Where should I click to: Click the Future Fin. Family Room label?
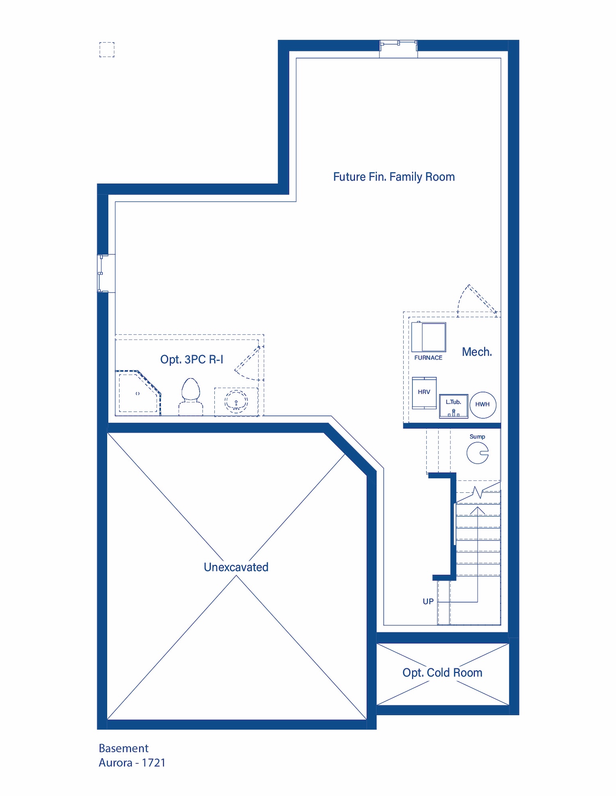pyautogui.click(x=394, y=177)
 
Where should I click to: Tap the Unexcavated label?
pyautogui.click(x=236, y=567)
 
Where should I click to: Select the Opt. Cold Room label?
pyautogui.click(x=442, y=673)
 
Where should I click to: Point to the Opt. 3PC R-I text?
pyautogui.click(x=192, y=359)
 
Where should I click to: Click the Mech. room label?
pyautogui.click(x=477, y=352)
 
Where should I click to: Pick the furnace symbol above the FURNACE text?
pyautogui.click(x=429, y=337)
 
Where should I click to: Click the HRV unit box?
pyautogui.click(x=424, y=393)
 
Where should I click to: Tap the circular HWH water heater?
pyautogui.click(x=483, y=405)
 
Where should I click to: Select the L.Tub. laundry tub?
pyautogui.click(x=453, y=406)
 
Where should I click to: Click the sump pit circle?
pyautogui.click(x=478, y=453)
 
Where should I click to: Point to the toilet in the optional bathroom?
pyautogui.click(x=191, y=397)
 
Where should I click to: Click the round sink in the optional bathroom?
pyautogui.click(x=236, y=401)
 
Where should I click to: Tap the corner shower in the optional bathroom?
pyautogui.click(x=138, y=393)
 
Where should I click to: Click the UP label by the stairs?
pyautogui.click(x=428, y=602)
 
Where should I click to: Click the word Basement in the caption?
pyautogui.click(x=124, y=748)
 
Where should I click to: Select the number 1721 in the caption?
pyautogui.click(x=153, y=763)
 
